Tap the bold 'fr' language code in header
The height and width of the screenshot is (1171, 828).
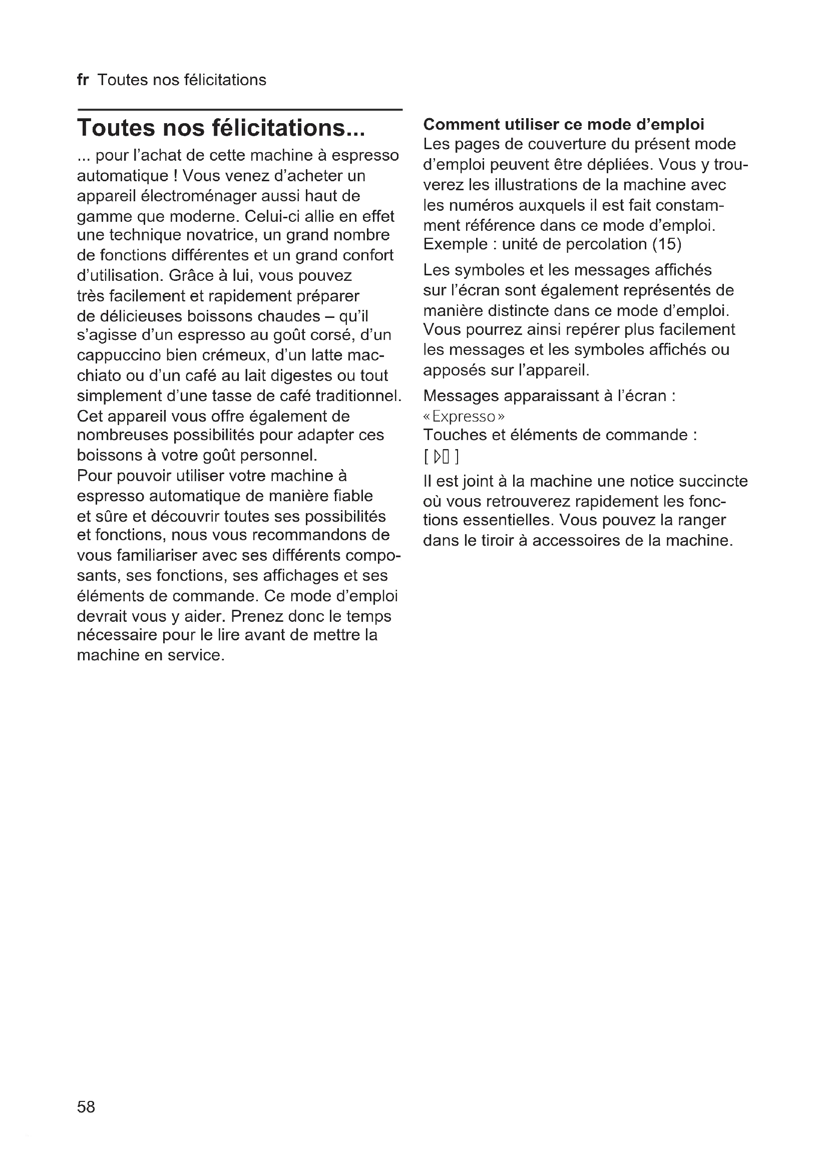click(x=83, y=80)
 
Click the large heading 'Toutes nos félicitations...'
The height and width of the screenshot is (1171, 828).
click(x=221, y=128)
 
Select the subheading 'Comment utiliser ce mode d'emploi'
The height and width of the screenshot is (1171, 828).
click(x=564, y=125)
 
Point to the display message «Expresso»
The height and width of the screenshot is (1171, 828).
click(x=464, y=417)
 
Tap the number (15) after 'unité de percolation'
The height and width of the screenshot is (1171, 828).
click(x=666, y=244)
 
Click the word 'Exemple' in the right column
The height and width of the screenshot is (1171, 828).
click(x=455, y=244)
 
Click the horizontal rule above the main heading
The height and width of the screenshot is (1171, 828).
click(x=240, y=110)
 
